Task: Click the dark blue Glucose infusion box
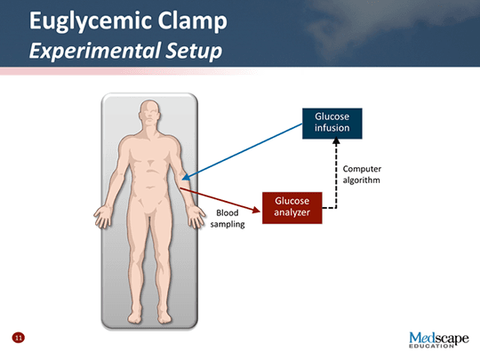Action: [332, 124]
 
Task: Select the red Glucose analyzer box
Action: [292, 208]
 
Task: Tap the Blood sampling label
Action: [228, 219]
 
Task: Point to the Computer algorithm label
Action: [362, 174]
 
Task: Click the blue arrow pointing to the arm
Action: [242, 151]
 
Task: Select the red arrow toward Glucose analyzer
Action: [220, 200]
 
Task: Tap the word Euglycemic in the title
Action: [91, 21]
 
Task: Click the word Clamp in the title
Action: [192, 21]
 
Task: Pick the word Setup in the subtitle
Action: [194, 51]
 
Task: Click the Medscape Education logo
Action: [439, 340]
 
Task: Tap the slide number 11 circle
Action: [19, 338]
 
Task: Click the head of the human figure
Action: [149, 112]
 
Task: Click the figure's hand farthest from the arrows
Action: [103, 217]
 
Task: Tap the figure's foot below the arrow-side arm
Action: [164, 316]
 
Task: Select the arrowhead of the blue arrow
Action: [186, 177]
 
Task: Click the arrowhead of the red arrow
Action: [256, 210]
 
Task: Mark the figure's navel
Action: [149, 187]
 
